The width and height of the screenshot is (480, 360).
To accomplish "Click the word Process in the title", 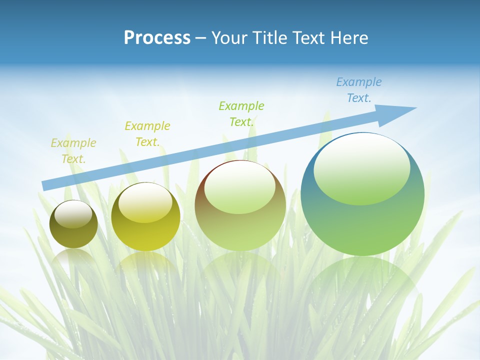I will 157,38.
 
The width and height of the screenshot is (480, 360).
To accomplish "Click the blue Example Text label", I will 359,90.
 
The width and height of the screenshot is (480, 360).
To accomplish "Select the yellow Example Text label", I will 147,134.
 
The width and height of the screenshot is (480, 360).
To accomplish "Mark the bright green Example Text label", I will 241,114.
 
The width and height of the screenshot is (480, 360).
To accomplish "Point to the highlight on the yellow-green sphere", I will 145,203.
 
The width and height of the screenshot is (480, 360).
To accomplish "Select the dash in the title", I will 201,38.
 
